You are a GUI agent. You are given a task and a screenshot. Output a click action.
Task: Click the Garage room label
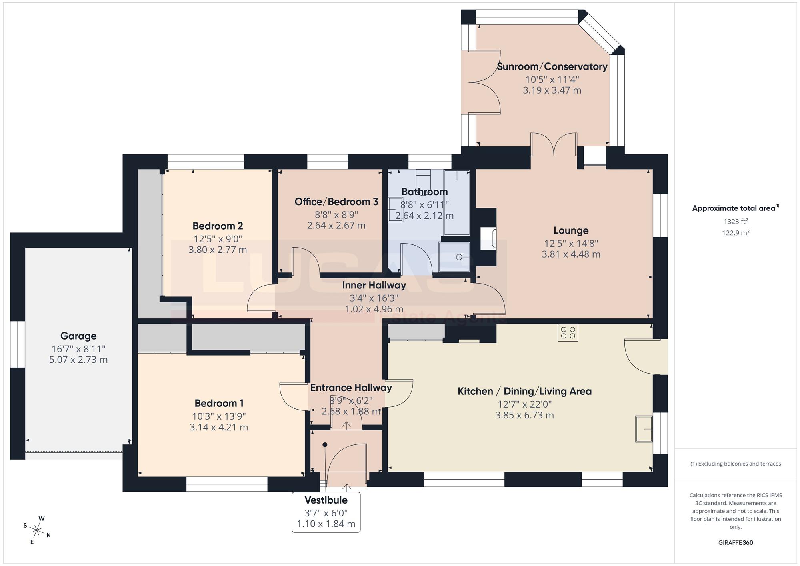click(x=78, y=336)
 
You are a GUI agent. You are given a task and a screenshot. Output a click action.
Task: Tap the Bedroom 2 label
click(x=218, y=226)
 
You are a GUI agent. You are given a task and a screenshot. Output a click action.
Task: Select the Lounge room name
click(x=571, y=231)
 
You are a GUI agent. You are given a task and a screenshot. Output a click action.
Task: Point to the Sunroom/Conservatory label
click(x=552, y=67)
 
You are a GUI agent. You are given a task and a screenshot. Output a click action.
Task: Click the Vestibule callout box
click(x=326, y=512)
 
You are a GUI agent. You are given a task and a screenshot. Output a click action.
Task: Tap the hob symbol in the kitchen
click(x=568, y=332)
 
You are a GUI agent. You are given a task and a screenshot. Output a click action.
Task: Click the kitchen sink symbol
click(x=644, y=429)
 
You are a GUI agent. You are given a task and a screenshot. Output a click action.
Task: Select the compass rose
click(x=37, y=531)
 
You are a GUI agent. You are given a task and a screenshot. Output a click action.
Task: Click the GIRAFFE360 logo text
click(x=736, y=543)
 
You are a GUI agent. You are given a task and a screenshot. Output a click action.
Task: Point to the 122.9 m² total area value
click(x=736, y=233)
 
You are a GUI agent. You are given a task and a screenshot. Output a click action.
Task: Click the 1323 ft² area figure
click(x=736, y=221)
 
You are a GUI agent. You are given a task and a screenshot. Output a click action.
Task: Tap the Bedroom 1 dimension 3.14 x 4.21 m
click(x=219, y=427)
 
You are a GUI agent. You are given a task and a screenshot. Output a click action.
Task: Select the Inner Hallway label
click(x=374, y=285)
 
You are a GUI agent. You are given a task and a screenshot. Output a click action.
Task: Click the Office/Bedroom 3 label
click(x=336, y=202)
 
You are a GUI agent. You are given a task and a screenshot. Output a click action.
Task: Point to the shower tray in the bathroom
click(x=454, y=257)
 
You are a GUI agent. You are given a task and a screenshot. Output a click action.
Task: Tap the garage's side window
click(x=18, y=344)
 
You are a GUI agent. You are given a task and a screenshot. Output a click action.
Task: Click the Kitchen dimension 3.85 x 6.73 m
click(x=524, y=415)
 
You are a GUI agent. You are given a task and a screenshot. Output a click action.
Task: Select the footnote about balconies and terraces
click(x=736, y=464)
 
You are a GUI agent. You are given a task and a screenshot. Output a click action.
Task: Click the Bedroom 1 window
click(x=227, y=484)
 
